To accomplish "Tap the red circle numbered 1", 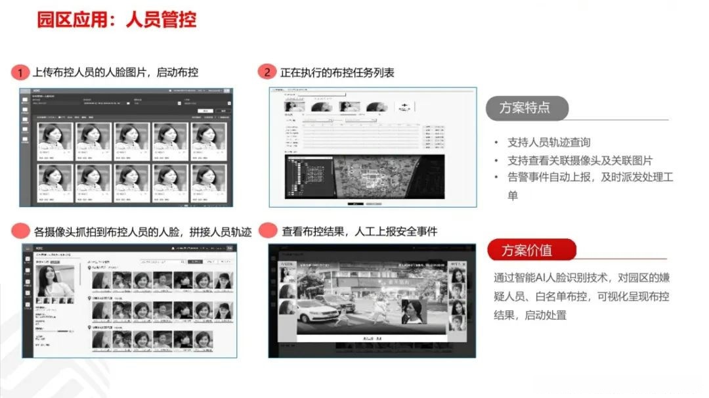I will click(x=21, y=72).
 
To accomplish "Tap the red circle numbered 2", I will click(x=267, y=72).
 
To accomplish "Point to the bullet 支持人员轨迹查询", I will click(x=549, y=143).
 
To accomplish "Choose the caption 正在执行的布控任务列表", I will click(x=337, y=72).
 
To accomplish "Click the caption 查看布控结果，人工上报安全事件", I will click(x=359, y=231).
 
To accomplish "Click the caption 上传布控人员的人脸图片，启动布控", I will click(x=115, y=72).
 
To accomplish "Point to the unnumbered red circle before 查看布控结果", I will click(x=267, y=231).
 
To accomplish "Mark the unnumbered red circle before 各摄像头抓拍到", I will click(x=21, y=231).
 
